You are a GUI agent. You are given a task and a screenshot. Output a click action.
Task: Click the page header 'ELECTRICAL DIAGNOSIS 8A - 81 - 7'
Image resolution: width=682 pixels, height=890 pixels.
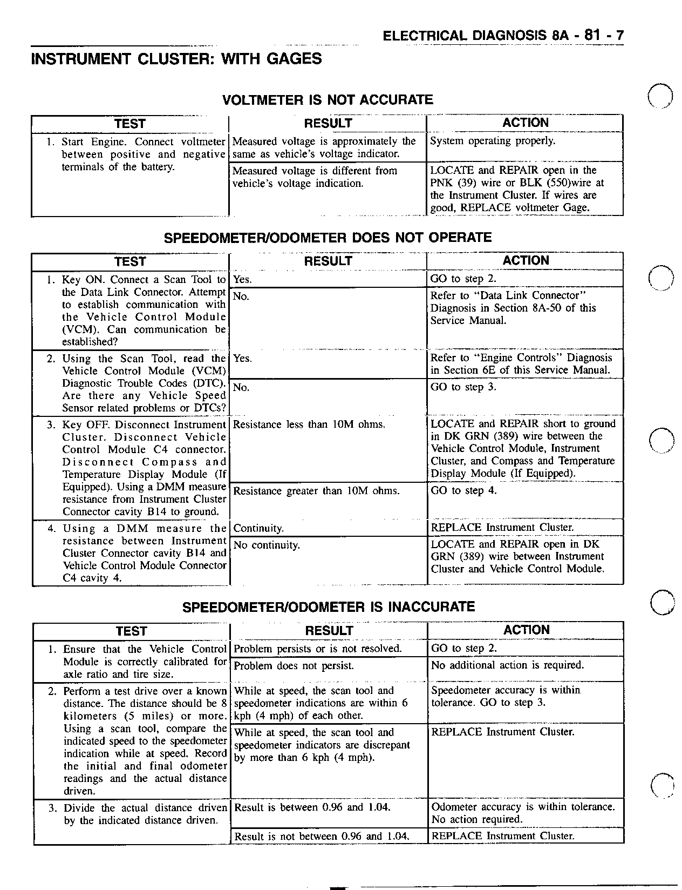503,36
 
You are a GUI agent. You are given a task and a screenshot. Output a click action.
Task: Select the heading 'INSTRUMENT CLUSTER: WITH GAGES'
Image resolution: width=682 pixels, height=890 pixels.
176,59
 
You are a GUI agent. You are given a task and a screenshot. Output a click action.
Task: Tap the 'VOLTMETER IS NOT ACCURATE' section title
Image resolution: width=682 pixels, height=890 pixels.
328,100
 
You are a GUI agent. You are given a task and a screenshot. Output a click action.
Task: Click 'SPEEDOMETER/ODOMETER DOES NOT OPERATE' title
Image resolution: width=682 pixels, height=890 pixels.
328,238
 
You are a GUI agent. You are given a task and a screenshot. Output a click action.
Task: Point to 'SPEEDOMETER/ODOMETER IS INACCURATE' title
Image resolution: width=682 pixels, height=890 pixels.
329,607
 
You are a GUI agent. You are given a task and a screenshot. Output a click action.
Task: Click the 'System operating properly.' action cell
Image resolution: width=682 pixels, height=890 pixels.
492,141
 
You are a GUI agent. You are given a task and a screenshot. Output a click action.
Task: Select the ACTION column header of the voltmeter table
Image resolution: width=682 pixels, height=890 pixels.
525,123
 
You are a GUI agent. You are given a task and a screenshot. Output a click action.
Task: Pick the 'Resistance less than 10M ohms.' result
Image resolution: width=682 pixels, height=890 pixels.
309,424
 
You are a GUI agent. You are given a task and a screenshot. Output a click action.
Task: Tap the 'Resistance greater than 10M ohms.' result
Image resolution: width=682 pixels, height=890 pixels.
316,491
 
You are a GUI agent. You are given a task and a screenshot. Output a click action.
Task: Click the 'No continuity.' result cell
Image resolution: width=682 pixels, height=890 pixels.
267,545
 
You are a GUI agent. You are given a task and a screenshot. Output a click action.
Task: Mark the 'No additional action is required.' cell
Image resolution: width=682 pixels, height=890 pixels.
507,665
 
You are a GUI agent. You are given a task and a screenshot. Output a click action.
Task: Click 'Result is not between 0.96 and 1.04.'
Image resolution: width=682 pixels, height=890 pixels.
322,837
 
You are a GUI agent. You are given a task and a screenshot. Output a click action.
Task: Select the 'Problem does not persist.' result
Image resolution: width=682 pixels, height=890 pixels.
294,666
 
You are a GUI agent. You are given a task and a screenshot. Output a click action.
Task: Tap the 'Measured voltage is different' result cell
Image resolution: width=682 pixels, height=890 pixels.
315,177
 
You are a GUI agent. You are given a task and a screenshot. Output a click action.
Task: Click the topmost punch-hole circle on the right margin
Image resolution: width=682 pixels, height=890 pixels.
660,97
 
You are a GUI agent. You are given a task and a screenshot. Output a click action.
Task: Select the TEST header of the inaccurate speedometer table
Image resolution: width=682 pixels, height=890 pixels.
131,631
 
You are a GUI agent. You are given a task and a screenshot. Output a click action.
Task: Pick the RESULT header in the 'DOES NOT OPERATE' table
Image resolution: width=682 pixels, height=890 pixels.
328,261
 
